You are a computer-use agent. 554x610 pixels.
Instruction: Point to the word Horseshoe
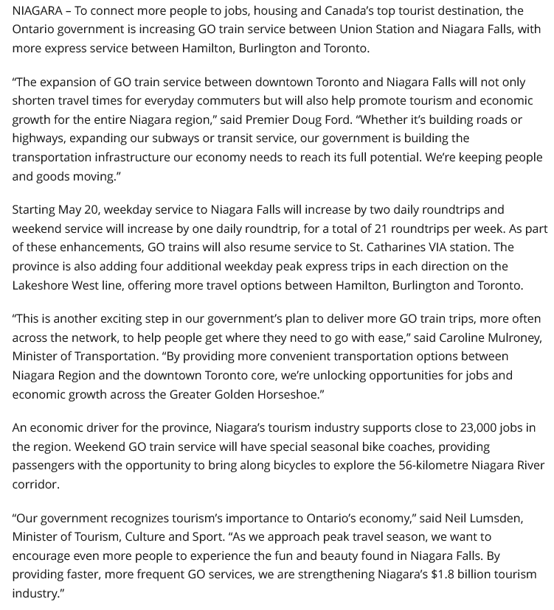click(286, 393)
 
